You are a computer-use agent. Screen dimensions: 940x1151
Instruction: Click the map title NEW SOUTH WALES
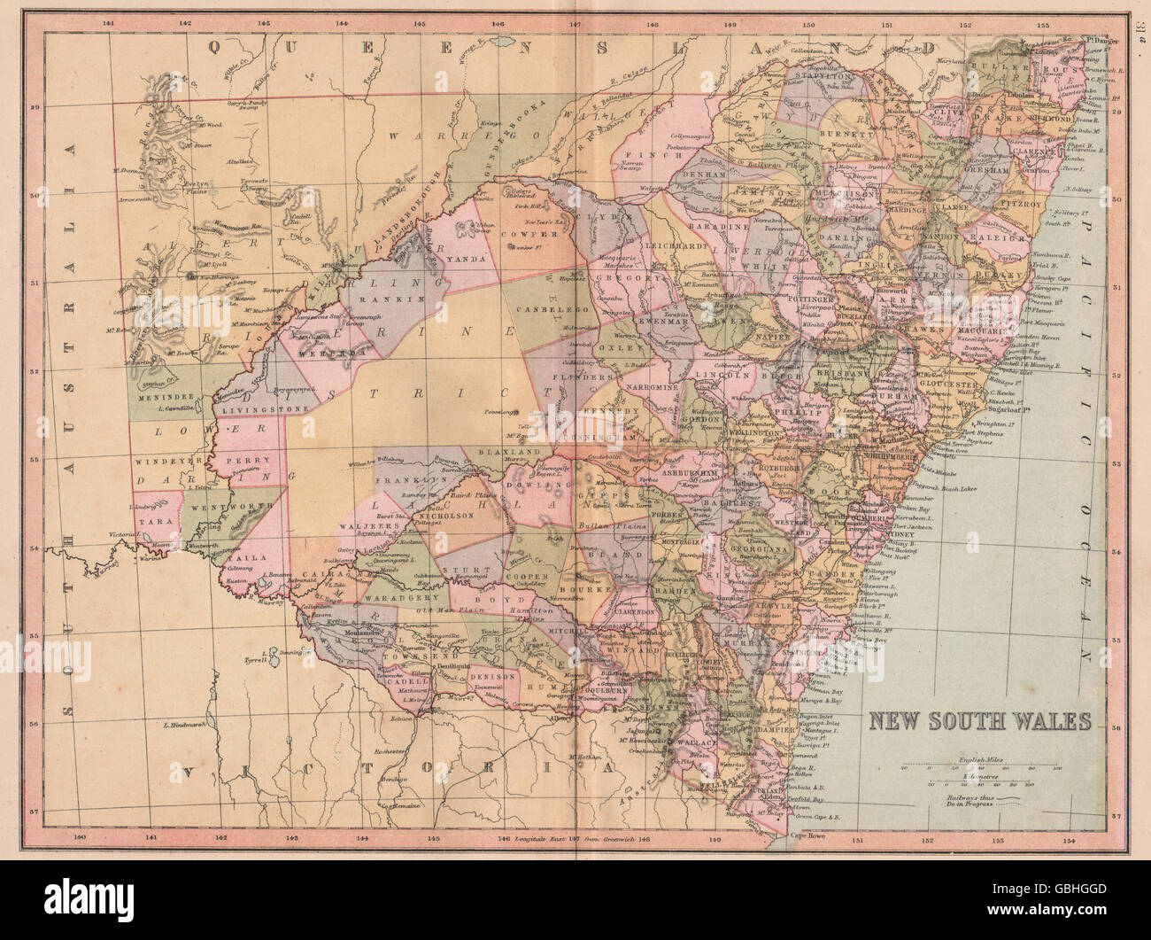[x=978, y=719]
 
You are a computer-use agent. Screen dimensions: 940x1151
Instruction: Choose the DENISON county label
[x=498, y=676]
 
